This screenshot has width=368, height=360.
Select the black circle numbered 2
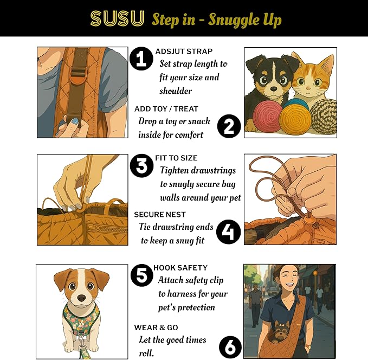tap(229, 127)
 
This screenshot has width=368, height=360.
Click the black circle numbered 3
tap(142, 166)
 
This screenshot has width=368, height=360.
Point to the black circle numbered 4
tap(229, 233)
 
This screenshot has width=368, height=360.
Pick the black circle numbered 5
tap(142, 276)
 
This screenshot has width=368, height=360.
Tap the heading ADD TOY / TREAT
tap(167, 109)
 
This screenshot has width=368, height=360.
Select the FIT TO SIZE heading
tap(176, 158)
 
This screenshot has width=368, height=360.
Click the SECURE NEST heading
tap(160, 215)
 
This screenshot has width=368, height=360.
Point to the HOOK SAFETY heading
tap(180, 268)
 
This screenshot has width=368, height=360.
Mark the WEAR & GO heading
tap(156, 327)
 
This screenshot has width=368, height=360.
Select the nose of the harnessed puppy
tap(81, 298)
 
